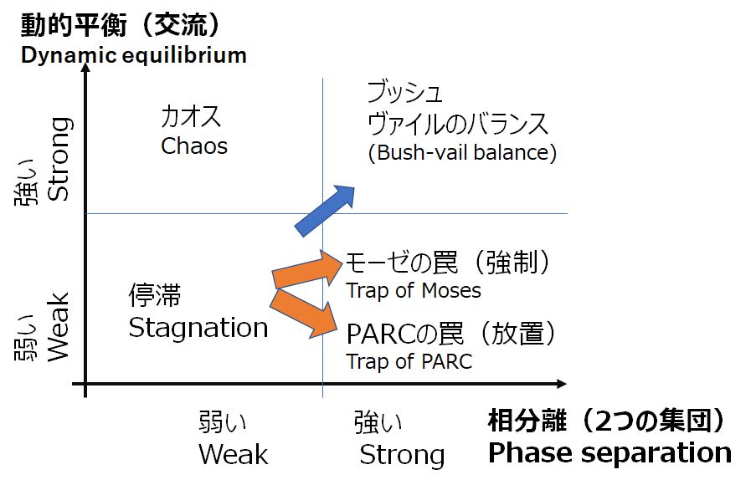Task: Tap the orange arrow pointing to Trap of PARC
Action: (306, 312)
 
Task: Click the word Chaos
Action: (194, 146)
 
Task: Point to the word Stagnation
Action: (198, 328)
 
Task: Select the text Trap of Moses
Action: (414, 290)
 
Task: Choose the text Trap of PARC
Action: (409, 361)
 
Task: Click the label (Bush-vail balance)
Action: (462, 153)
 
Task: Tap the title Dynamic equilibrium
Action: (133, 56)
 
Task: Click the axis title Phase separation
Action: (609, 453)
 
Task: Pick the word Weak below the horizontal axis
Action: (234, 455)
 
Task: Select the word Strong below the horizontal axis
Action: (402, 456)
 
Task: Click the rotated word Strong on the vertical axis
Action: (58, 159)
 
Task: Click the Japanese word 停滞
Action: (155, 296)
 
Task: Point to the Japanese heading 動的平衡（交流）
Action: (121, 25)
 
